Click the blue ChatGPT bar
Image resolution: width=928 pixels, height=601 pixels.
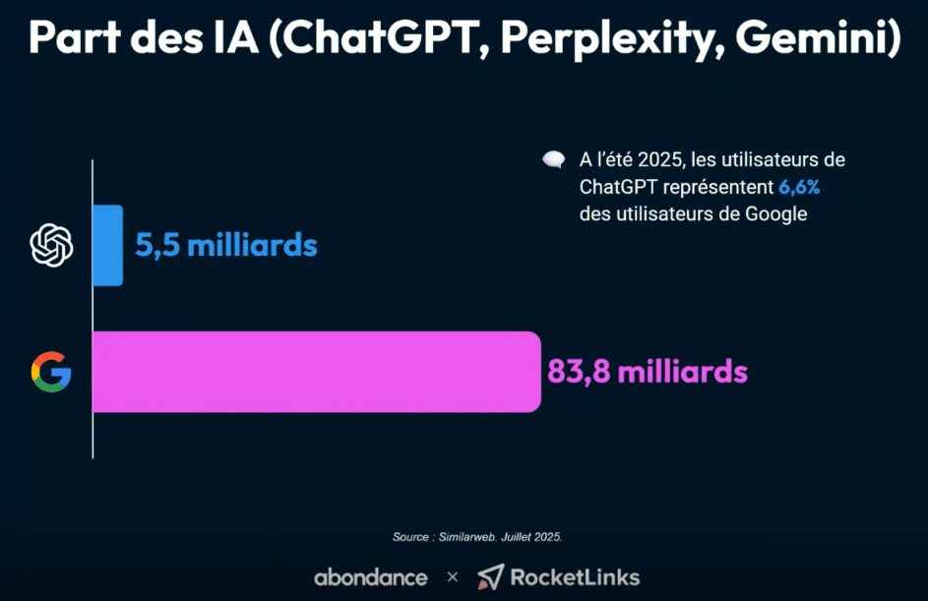pyautogui.click(x=107, y=245)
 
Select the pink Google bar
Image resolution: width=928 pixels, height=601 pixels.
pyautogui.click(x=315, y=372)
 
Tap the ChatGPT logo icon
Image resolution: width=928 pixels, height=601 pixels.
pyautogui.click(x=52, y=245)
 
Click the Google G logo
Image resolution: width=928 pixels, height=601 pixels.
pyautogui.click(x=51, y=373)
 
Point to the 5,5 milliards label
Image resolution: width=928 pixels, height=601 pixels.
pyautogui.click(x=226, y=245)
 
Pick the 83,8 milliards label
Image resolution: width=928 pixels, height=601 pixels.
pyautogui.click(x=648, y=373)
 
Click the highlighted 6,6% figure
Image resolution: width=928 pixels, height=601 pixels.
pyautogui.click(x=799, y=187)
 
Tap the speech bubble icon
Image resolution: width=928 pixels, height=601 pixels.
pyautogui.click(x=554, y=160)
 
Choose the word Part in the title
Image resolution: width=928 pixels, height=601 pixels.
pyautogui.click(x=77, y=40)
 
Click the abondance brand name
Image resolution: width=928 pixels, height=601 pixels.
pyautogui.click(x=370, y=576)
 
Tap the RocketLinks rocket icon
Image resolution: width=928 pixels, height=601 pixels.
pyautogui.click(x=490, y=576)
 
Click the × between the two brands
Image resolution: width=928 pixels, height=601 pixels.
pyautogui.click(x=453, y=577)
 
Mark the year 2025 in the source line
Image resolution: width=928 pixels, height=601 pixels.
pyautogui.click(x=545, y=537)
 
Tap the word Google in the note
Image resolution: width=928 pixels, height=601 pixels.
pyautogui.click(x=778, y=213)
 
